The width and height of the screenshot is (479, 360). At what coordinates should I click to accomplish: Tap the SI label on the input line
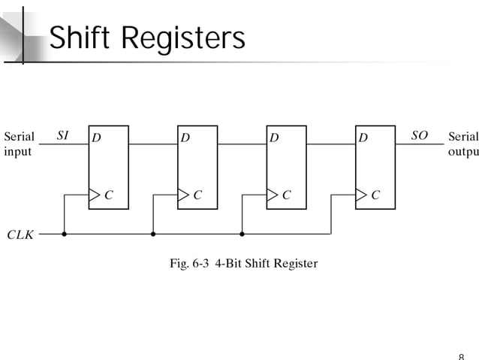click(64, 136)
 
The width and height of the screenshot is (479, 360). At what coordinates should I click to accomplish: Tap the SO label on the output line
click(419, 136)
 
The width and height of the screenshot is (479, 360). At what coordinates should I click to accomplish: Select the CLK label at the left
click(20, 234)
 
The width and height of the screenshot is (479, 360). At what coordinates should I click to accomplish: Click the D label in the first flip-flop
click(96, 138)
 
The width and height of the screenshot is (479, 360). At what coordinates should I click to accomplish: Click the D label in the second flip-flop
click(185, 138)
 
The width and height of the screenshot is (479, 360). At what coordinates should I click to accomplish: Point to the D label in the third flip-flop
click(274, 138)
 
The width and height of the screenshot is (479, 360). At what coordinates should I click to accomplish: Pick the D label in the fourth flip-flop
click(363, 138)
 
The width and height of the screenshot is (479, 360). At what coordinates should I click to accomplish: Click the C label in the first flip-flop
click(109, 195)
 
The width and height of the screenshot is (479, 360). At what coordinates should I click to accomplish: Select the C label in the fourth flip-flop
click(375, 195)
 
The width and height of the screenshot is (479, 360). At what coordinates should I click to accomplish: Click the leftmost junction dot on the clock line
click(64, 234)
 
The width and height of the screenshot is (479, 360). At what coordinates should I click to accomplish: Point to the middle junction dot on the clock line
click(153, 234)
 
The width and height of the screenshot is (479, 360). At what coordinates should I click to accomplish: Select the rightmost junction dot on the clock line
click(242, 234)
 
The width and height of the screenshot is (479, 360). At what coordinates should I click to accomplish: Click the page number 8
click(460, 355)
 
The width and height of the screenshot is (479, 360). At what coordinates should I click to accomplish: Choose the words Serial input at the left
click(19, 144)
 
